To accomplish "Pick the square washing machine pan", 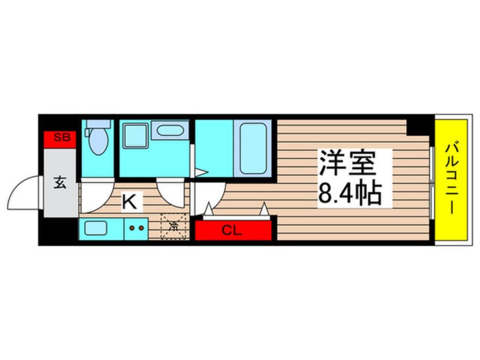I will tap(136, 137).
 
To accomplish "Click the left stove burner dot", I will tap(132, 228).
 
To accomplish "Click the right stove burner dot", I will tap(141, 228).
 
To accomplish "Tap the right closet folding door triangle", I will tap(264, 210).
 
